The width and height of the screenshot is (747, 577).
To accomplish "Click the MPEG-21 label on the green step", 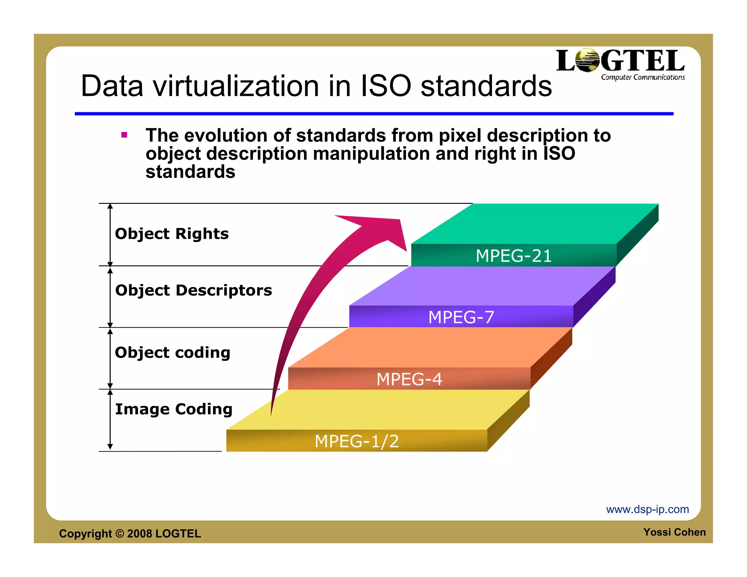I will point(514,256).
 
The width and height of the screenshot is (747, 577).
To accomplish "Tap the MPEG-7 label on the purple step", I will point(461,317).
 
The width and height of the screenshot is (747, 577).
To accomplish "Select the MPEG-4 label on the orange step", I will point(409,379).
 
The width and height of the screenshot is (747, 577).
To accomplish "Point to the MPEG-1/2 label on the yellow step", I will point(357,441).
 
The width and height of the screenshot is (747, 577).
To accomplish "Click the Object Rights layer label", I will point(172,234).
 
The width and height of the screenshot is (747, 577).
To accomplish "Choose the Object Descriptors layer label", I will point(194,290).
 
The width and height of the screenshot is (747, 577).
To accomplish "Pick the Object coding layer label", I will point(173,353).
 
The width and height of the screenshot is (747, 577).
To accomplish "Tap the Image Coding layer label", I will point(174,409).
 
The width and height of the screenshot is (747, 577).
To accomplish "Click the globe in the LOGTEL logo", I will point(587,60).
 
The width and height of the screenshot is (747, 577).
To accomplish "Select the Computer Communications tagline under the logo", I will point(643,77).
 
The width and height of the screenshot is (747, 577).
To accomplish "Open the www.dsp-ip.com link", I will point(647,509).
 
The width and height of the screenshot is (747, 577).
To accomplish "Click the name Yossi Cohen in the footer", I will point(674,532).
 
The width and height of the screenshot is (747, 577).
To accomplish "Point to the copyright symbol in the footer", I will point(120,534).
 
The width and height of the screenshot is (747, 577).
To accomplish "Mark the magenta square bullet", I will point(124,135).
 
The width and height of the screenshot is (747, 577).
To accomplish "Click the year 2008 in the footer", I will point(140,534).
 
